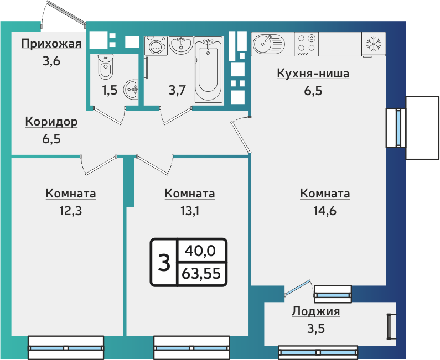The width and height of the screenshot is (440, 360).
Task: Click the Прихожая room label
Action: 51,44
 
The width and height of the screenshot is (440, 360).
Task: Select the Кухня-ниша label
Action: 313,74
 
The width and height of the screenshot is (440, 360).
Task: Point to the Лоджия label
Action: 316,312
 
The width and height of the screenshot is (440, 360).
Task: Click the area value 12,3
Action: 70,211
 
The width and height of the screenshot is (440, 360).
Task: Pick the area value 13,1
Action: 189,211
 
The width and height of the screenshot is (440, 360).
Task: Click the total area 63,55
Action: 201,273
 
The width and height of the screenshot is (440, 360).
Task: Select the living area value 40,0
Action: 201,251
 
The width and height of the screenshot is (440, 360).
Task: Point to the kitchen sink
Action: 268,43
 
